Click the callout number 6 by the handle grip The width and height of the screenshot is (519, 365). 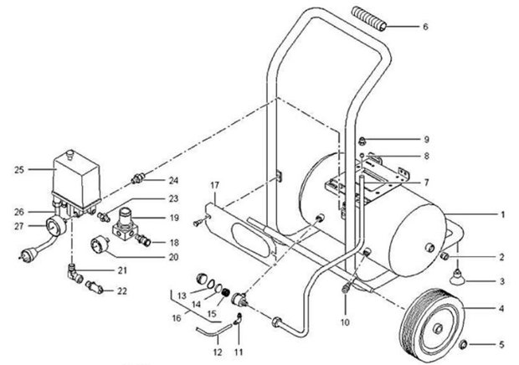[424, 27]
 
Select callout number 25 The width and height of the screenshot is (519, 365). [18, 170]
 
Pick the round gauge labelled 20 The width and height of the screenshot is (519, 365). [107, 248]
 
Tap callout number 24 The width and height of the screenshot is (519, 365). [173, 180]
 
